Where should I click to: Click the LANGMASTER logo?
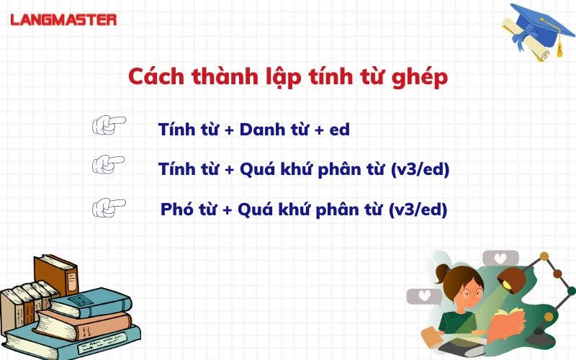[63, 20]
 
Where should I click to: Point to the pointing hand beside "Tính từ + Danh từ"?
[109, 125]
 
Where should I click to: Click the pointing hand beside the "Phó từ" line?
[109, 207]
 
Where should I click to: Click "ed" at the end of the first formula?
[340, 130]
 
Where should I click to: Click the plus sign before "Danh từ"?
[229, 130]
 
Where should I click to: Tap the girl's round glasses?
[472, 293]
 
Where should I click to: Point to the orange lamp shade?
[511, 280]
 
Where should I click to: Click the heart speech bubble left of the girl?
[424, 296]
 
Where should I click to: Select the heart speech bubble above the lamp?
[500, 258]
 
